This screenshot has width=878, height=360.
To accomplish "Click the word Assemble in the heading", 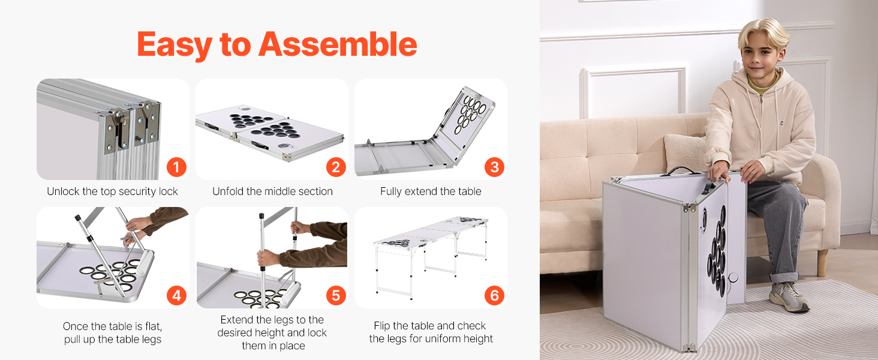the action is pos(338,44).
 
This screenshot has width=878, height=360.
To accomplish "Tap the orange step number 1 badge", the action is pos(176,167).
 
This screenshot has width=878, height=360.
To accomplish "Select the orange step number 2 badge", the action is pos(336,167).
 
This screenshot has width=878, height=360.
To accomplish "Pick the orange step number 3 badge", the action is pos(494,167).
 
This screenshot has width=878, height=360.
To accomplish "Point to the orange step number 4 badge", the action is pos(176,295).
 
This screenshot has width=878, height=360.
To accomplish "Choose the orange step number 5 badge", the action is pos(336,295).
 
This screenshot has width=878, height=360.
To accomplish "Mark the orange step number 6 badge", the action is pos(494,295).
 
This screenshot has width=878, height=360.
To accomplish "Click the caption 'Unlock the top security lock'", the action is pos(112,191).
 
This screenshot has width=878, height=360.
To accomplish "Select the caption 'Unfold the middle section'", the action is pos(272,191).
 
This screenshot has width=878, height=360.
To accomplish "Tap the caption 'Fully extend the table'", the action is pos(431,191).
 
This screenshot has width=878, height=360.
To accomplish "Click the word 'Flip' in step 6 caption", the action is pos(381,326).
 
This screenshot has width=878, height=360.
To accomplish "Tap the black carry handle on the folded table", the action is pos(683,170).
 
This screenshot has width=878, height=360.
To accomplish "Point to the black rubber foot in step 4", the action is pos(77,218).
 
